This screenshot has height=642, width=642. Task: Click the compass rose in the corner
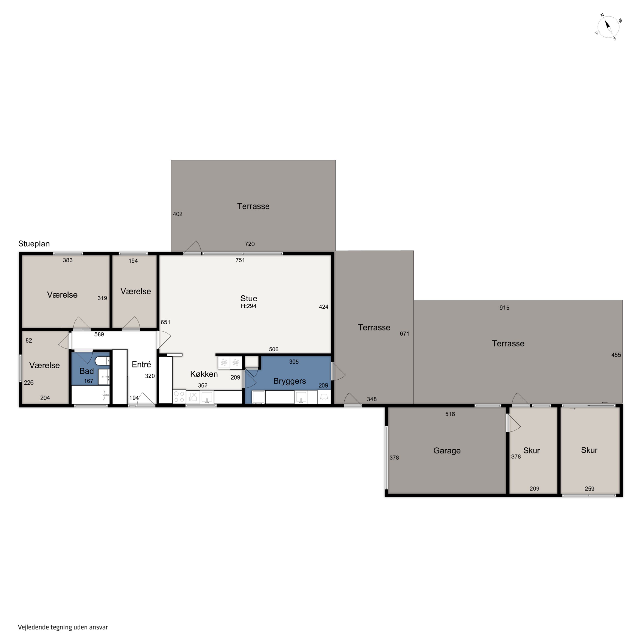click(608, 27)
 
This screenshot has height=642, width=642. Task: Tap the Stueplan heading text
click(34, 244)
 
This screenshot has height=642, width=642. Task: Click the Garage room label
click(447, 451)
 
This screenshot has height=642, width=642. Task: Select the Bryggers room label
click(289, 381)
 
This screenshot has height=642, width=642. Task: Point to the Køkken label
click(204, 374)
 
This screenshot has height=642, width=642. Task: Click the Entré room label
click(141, 364)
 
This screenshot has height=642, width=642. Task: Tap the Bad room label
click(86, 371)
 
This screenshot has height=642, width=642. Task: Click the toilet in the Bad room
click(102, 361)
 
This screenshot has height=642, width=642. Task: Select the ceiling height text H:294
click(248, 306)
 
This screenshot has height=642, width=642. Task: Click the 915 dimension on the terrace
click(504, 308)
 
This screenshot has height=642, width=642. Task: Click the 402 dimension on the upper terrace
click(178, 214)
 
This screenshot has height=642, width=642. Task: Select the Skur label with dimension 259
click(589, 450)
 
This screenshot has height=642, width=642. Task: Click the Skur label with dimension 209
click(531, 451)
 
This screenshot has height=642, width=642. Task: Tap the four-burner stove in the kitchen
click(179, 397)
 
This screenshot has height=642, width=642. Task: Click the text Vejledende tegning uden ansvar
click(63, 627)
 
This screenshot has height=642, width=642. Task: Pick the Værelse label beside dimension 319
click(62, 295)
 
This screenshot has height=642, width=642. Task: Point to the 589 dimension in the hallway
click(99, 334)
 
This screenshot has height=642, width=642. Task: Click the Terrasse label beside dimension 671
click(374, 327)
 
